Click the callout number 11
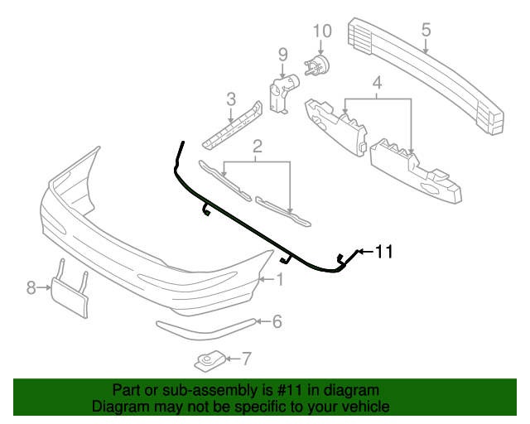click(384, 252)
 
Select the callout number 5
click(426, 30)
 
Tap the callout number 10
click(322, 31)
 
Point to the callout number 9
click(283, 55)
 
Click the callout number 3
click(231, 99)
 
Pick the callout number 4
click(378, 83)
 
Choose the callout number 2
click(258, 147)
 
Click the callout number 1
click(280, 280)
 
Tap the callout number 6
click(277, 321)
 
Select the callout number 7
click(247, 359)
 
